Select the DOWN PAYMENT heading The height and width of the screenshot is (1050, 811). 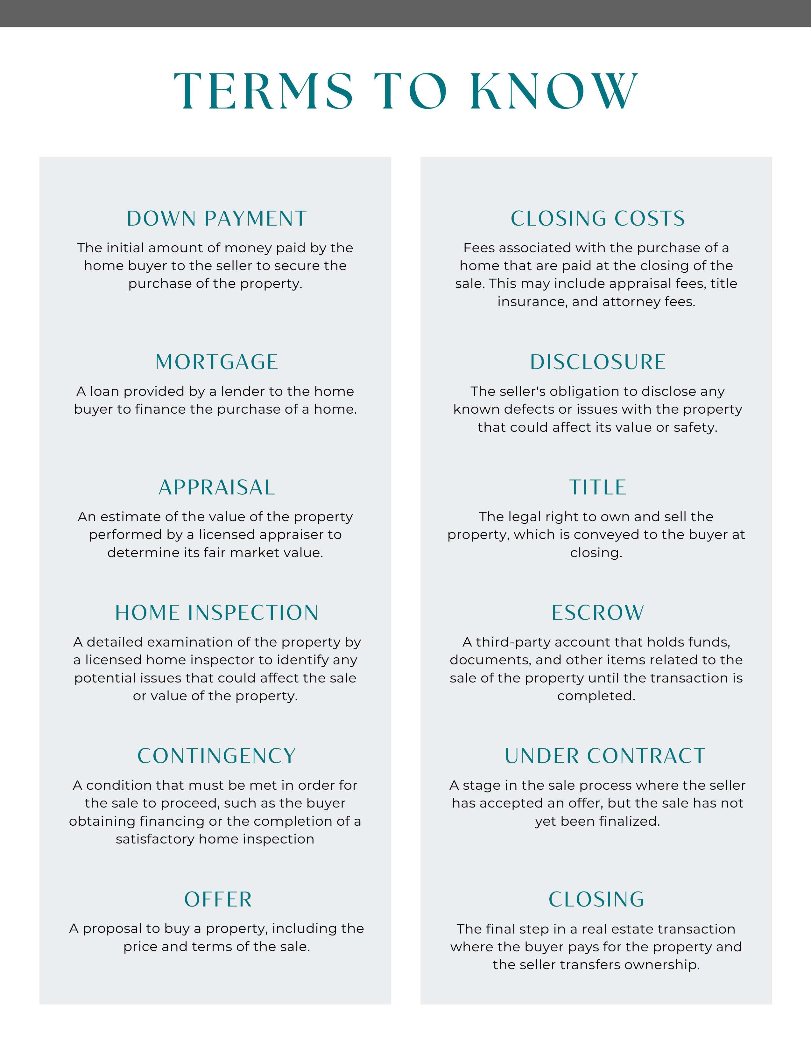coord(216,219)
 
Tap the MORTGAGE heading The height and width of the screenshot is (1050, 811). coord(216,362)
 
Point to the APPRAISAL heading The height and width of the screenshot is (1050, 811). coord(216,487)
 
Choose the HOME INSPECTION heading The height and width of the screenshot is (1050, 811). coord(216,613)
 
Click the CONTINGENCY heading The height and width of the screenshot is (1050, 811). coord(216,756)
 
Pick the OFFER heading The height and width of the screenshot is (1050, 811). coord(218,899)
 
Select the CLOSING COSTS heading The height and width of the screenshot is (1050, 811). coord(597,219)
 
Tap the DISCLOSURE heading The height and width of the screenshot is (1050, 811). coord(597,362)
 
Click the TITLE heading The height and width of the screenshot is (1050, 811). coord(597,487)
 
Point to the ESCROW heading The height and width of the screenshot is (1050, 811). coord(597,613)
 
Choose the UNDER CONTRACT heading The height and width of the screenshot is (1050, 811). coord(605,756)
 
